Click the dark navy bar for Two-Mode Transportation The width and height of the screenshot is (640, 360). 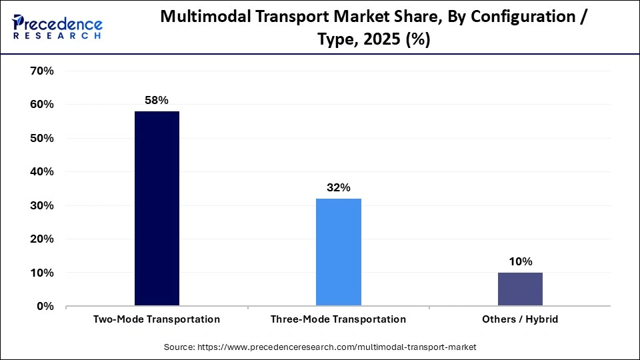pos(157,209)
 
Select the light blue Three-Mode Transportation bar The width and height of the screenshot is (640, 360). pos(338,252)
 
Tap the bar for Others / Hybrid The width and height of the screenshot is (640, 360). pos(519,289)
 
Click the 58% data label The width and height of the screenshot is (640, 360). pos(157,100)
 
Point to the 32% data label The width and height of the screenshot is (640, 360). pos(338,187)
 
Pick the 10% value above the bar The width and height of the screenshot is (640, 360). pos(519,261)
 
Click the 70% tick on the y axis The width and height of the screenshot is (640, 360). pos(41,71)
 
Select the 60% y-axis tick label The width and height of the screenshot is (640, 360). pos(41,105)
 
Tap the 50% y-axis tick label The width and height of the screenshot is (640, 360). pos(41,139)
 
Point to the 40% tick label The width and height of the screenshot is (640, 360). pos(41,172)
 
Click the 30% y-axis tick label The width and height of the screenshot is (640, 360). pos(41,206)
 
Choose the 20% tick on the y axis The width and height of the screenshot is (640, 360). pos(41,239)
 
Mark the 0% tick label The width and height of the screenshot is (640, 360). pos(44,307)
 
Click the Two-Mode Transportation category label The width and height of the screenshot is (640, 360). pos(157,319)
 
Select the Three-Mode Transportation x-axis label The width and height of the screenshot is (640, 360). pos(338,319)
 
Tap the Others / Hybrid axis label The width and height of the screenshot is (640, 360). pos(519,319)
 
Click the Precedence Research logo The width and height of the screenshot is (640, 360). pos(57,27)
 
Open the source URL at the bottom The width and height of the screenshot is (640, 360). pos(320,347)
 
